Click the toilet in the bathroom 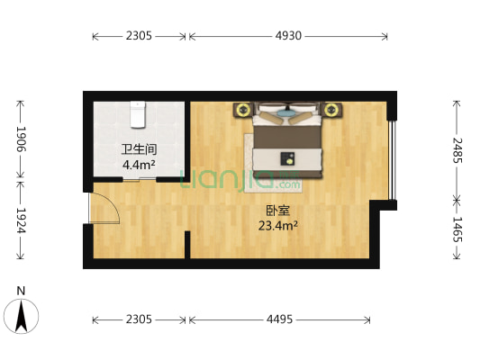coord(138,114)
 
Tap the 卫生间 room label coord(140,149)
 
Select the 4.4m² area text coord(139,165)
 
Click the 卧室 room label coord(277,211)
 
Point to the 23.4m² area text coord(278,226)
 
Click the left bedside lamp coord(243,109)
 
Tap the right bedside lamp coord(331,109)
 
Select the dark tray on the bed coord(287,158)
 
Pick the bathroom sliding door coord(140,179)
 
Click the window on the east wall coord(392,160)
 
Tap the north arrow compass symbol coord(21,316)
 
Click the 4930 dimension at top coord(288,36)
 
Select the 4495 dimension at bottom coord(279,319)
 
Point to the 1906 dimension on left coord(21,139)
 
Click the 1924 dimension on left coord(21,220)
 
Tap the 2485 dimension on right coord(457,150)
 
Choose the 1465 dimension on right coord(457,229)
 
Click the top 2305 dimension coord(139,36)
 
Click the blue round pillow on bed coord(285,113)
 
